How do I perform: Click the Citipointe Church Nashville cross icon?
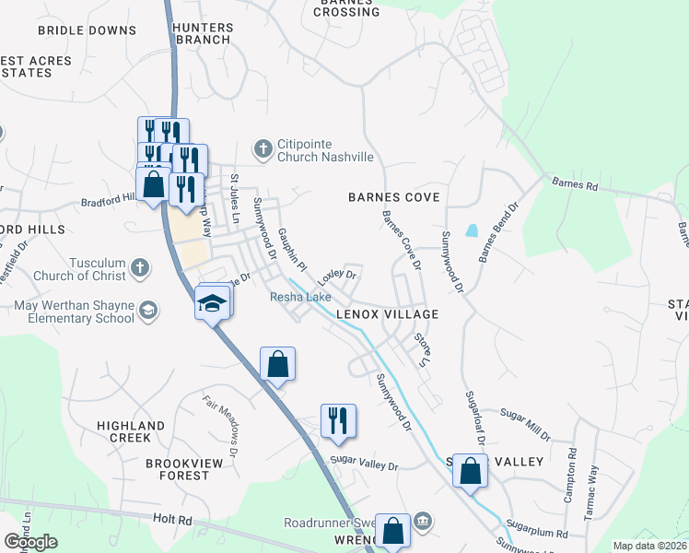[x=263, y=148]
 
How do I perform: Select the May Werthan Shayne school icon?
[x=147, y=312]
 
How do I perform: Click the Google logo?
[x=30, y=542]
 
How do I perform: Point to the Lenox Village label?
[x=386, y=314]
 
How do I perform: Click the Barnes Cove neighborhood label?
[x=393, y=197]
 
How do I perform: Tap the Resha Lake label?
[x=300, y=297]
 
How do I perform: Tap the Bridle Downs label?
[x=87, y=30]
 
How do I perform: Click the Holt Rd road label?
[x=172, y=521]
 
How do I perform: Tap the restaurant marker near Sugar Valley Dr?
[x=338, y=420]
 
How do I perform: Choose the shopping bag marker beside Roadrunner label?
[x=392, y=531]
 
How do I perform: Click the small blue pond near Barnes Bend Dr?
[x=473, y=230]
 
